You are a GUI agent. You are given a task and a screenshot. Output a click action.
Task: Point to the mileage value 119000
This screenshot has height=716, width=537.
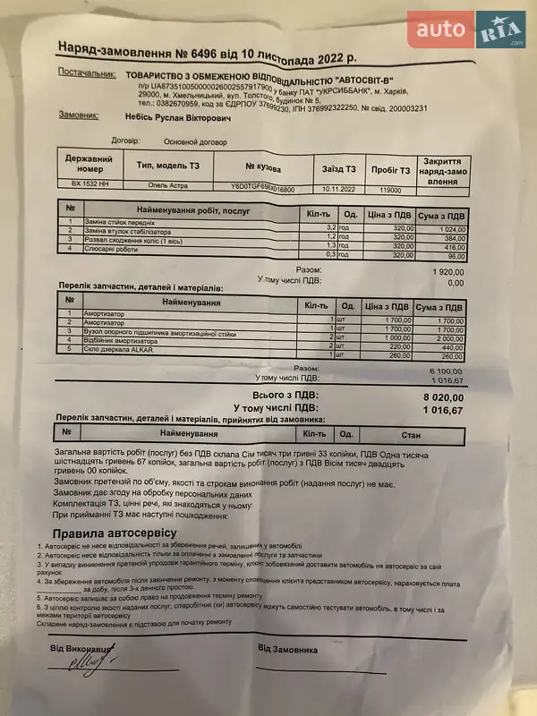tap(391, 190)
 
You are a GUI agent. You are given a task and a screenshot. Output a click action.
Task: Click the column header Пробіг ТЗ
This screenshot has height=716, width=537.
tap(391, 170)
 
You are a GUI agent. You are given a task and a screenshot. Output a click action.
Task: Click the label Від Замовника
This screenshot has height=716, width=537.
tap(288, 647)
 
